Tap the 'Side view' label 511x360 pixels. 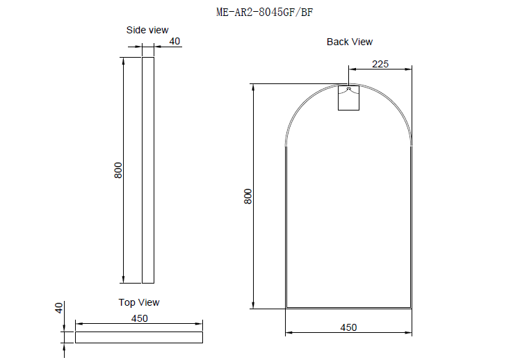pos(147,30)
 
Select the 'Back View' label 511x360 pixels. pos(350,42)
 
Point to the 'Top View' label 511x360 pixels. pos(139,302)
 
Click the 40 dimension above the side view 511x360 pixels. pos(175,42)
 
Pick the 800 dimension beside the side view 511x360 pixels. pos(118,170)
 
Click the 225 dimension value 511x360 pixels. pos(380,64)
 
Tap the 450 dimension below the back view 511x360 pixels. pos(348,327)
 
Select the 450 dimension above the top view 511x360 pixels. pos(139,318)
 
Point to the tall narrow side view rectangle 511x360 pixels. pos(147,170)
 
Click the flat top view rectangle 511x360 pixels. pos(139,337)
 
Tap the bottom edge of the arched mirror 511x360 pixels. pos(348,308)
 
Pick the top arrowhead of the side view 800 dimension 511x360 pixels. pos(124,60)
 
